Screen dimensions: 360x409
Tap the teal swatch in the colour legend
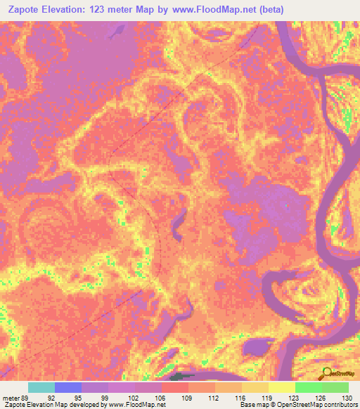click(x=41, y=387)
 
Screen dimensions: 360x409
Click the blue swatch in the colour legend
click(x=68, y=387)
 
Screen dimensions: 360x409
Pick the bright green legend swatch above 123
click(x=309, y=387)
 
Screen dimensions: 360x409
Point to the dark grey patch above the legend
click(x=182, y=378)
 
